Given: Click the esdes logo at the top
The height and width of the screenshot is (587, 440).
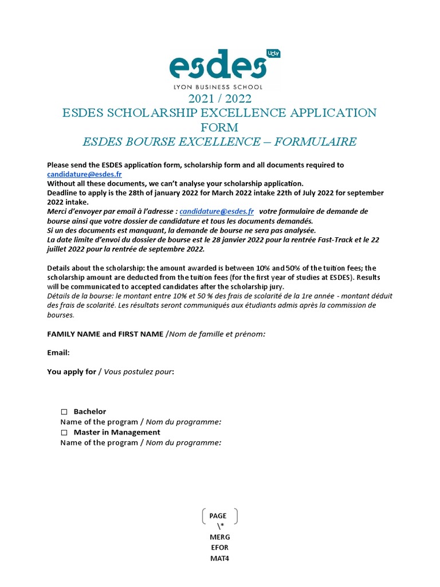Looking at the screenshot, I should pos(218,66).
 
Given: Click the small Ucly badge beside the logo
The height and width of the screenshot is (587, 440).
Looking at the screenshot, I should pos(274,53).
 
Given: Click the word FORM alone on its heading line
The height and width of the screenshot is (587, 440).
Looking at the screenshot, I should pos(219,127).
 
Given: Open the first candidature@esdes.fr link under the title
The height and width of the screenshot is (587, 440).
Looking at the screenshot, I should pos(84,174).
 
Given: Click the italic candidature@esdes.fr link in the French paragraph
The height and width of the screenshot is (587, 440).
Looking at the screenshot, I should pos(217,211).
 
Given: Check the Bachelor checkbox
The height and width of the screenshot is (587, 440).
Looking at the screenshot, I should pos(64,412).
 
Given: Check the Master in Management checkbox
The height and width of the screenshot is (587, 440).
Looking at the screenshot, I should pos(64,432).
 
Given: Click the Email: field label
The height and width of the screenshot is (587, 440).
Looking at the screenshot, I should pos(58,353).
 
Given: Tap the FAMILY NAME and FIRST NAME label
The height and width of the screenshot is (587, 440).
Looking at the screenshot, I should pos(105,334).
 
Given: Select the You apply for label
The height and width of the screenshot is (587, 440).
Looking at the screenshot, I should pos(72,371).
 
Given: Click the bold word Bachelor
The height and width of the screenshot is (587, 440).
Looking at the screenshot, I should pos(90,412).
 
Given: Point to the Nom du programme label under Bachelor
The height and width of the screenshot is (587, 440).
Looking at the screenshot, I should pos(183,422).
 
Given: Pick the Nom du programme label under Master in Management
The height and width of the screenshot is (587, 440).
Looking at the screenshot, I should pos(183,443).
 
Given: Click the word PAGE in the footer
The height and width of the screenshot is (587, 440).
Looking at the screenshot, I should pos(218,516).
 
